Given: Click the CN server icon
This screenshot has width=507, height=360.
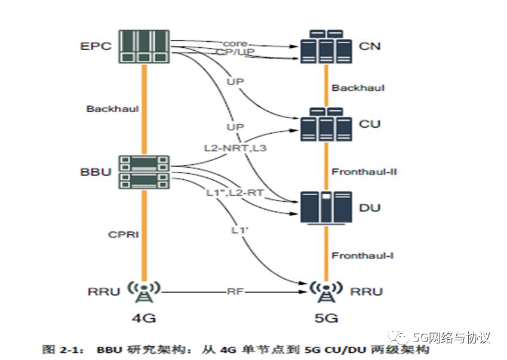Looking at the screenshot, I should point(326,46).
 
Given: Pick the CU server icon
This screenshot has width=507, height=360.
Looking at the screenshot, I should point(326,124).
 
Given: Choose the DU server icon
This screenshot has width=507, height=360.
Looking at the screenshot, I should point(326,207).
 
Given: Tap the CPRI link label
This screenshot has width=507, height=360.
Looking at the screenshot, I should point(124,235).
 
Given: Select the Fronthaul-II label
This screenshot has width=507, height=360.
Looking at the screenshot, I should point(364,172).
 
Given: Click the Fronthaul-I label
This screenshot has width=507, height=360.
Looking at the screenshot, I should point(363,256).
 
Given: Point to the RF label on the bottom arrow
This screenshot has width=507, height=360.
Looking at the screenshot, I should point(235,292).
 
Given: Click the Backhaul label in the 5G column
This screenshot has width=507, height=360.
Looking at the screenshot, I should point(358,88).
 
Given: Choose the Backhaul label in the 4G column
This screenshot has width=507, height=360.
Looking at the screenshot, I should point(112,109).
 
